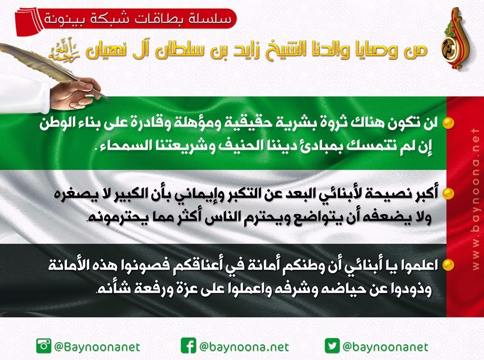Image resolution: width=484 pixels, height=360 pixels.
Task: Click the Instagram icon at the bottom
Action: [x=44, y=345]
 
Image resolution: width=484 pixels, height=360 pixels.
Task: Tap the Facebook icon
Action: [x=188, y=345]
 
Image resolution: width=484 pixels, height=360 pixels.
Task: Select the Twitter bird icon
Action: [x=332, y=345]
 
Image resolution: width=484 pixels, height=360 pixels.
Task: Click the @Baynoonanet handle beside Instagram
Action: [x=97, y=347]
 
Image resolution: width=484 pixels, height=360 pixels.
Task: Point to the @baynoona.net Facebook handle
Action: [x=244, y=347]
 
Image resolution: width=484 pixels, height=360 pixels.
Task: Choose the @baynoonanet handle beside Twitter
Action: [x=385, y=347]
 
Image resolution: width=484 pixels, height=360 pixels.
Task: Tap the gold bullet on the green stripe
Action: [x=448, y=123]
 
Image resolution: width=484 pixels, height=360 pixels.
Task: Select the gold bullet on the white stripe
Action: [x=448, y=194]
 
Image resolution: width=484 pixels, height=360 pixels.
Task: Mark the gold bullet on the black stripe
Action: [x=448, y=265]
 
